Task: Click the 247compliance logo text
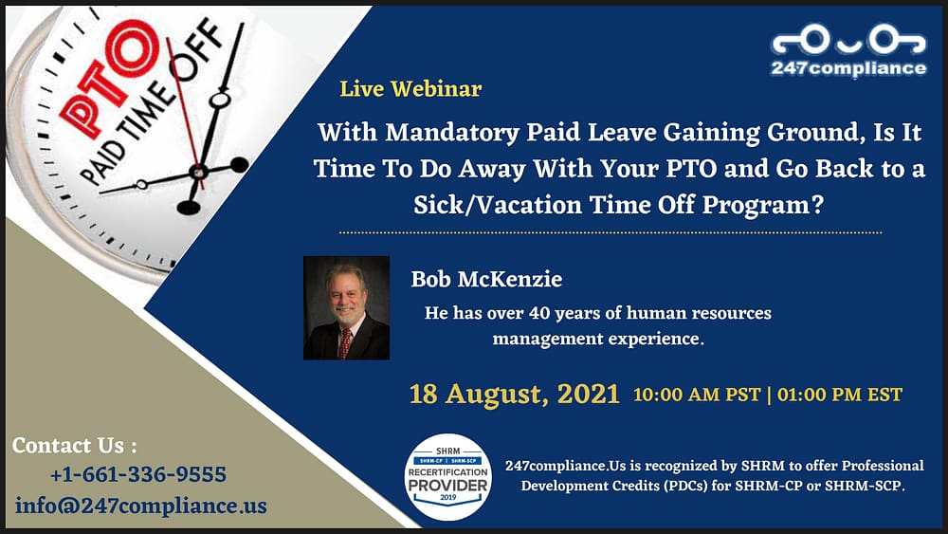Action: point(848,67)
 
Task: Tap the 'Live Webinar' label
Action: point(410,89)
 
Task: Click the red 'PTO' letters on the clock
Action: point(110,77)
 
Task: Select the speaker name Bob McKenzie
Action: point(486,279)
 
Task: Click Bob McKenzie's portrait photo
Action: point(346,308)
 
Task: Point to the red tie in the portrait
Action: point(345,343)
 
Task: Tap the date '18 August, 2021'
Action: point(515,395)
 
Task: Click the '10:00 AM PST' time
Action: point(697,395)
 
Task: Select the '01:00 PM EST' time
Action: point(840,395)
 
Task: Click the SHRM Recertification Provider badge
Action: point(448,477)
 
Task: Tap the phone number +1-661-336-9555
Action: point(138,474)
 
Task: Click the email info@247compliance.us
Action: point(141,505)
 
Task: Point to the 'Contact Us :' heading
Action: point(74,446)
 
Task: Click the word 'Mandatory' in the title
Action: point(451,133)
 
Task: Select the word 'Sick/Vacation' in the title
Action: point(498,205)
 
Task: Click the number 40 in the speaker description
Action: point(539,313)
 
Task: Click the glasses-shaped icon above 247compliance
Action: point(848,40)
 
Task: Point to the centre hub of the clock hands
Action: point(198,172)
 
